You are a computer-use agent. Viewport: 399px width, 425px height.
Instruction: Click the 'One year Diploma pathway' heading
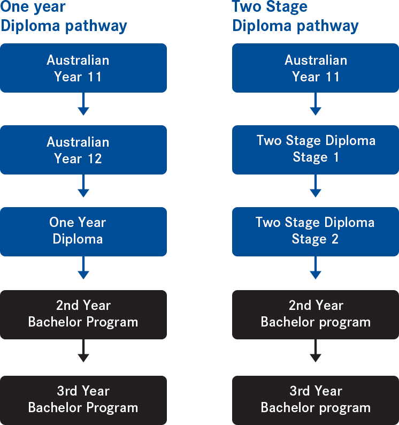[64, 17]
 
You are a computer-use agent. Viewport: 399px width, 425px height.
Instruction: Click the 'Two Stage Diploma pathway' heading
[295, 17]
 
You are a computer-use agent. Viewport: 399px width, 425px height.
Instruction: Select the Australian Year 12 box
[83, 150]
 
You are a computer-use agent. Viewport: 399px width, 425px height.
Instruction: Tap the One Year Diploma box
[83, 231]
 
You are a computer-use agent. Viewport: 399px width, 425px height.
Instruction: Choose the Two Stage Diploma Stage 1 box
[316, 149]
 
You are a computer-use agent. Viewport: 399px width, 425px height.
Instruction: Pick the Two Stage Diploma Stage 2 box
[316, 231]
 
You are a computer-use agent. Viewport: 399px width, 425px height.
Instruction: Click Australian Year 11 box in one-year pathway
[83, 68]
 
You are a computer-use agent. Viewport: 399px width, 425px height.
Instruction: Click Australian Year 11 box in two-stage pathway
[316, 68]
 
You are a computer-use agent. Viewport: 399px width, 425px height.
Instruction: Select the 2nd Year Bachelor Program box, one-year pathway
[83, 314]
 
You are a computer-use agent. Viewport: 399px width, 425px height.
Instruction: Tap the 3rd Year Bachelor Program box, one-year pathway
[83, 400]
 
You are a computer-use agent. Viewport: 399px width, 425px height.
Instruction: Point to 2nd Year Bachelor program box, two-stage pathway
[316, 314]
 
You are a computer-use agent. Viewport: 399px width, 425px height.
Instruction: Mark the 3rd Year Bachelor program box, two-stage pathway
[316, 400]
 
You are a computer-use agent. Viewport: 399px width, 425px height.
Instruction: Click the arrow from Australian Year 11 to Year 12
[83, 104]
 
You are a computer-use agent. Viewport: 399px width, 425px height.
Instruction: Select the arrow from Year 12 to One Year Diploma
[83, 186]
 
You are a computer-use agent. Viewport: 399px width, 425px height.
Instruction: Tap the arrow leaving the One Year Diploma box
[83, 268]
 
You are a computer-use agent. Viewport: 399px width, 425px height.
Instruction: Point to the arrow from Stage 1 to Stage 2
[316, 186]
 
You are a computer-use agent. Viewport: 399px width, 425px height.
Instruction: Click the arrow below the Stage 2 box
[316, 268]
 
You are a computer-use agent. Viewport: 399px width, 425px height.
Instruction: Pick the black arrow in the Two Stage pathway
[316, 352]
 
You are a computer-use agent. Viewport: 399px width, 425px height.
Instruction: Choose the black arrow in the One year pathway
[83, 352]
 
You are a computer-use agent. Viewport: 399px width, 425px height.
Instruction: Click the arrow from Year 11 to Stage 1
[316, 104]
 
